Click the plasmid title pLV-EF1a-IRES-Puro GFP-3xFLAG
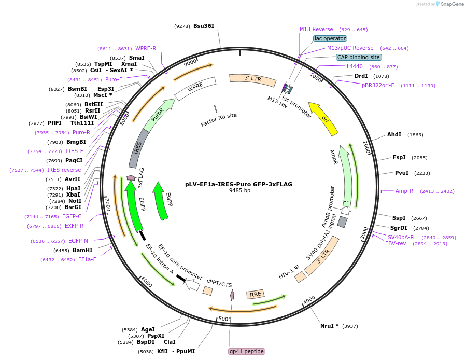pos(238,184)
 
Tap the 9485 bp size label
pos(239,191)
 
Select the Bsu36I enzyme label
pos(204,26)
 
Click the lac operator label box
pos(330,38)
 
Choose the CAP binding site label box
pos(359,57)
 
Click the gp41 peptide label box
pos(247,351)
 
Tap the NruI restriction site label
pos(329,326)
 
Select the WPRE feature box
pos(195,89)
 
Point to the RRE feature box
pos(256,295)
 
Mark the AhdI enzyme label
pos(394,135)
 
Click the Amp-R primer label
pos(404,191)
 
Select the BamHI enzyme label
pos(82,250)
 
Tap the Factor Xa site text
pos(219,120)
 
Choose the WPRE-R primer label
pos(146,48)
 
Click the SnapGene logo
pos(449,4)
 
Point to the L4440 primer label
pos(355,66)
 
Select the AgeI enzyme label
pos(148,329)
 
